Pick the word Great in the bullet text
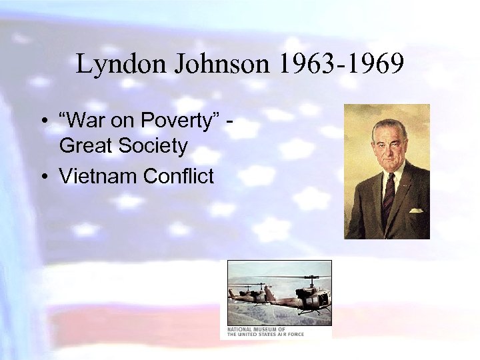pos(85,146)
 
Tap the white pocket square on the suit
pos(416,210)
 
